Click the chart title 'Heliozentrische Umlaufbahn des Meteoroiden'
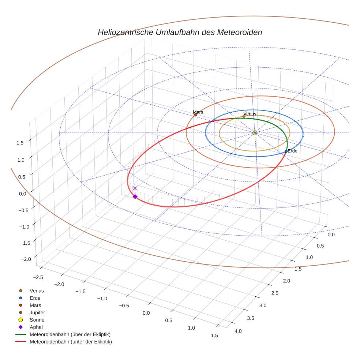[x=180, y=32]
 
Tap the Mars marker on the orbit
[x=196, y=115]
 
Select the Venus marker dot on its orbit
[x=244, y=116]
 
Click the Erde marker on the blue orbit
[x=286, y=151]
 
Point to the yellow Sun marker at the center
[x=255, y=133]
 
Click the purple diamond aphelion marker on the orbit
[x=135, y=197]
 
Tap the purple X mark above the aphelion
[x=135, y=188]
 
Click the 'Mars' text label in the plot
[x=198, y=112]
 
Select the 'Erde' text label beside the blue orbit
[x=293, y=151]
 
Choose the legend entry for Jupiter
[x=37, y=312]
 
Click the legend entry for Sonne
[x=37, y=320]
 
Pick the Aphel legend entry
[x=36, y=327]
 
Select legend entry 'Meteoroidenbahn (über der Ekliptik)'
[x=70, y=334]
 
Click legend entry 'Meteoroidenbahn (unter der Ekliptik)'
[x=71, y=342]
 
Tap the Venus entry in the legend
[x=37, y=290]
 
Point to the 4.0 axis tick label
[x=238, y=331]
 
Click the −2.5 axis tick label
[x=38, y=277]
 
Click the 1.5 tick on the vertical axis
[x=20, y=143]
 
